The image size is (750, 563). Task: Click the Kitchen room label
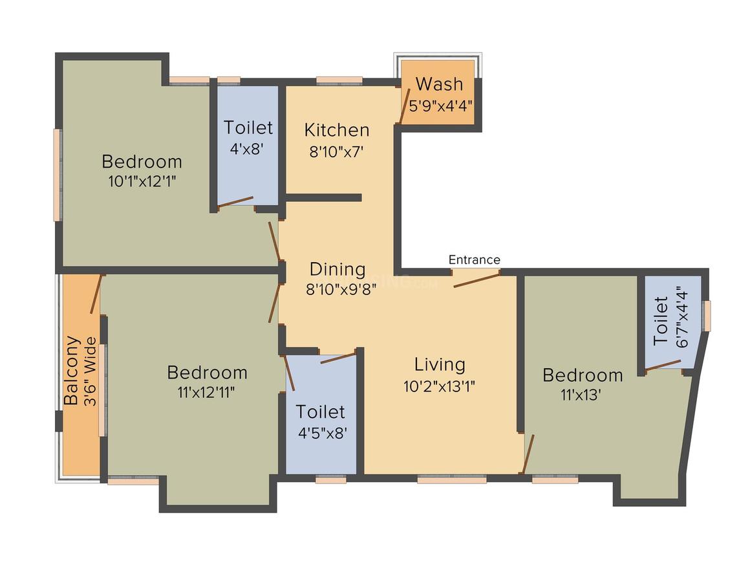point(337,129)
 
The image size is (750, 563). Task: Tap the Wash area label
point(439,84)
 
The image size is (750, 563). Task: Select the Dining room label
point(337,269)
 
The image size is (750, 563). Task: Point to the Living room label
point(440,364)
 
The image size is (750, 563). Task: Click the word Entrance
point(475,260)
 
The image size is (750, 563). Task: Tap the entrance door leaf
point(477,279)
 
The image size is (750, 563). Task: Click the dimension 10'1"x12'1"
point(142,181)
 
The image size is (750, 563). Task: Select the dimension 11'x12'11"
point(206,393)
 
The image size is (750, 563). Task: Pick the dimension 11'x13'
point(581,395)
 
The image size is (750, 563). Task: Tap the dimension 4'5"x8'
point(323,434)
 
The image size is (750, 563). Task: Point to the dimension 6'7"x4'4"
point(681,317)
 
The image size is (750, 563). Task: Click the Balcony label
point(72,371)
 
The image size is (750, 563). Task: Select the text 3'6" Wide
point(90,372)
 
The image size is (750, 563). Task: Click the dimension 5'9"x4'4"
point(441,105)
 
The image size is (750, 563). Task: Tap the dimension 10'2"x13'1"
point(439,386)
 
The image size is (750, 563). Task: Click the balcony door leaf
point(96,294)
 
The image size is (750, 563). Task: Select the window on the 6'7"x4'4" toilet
point(707,316)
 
